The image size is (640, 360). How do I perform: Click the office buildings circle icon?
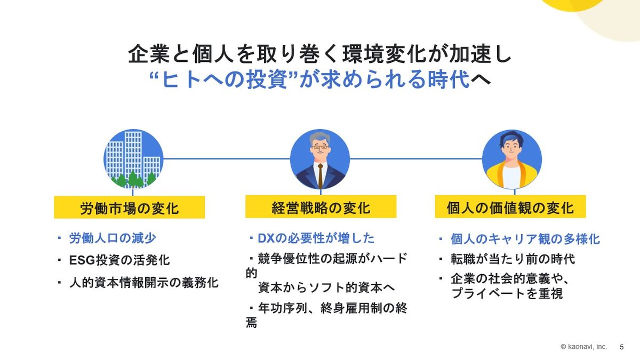tap(133, 159)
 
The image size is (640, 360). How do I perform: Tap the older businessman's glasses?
tap(321, 147)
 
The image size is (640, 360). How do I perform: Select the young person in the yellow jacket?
tap(511, 159)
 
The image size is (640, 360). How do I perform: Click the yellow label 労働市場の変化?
tap(130, 207)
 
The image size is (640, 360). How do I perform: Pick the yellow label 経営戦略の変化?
tap(321, 207)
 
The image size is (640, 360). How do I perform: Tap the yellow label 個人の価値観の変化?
tap(510, 207)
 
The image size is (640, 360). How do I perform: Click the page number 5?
tap(622, 347)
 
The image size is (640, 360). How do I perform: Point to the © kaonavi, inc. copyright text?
tap(583, 347)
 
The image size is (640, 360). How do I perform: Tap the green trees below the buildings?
tap(133, 179)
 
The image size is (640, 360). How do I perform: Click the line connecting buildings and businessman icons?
tap(227, 158)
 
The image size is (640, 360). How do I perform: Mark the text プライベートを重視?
tap(507, 293)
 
